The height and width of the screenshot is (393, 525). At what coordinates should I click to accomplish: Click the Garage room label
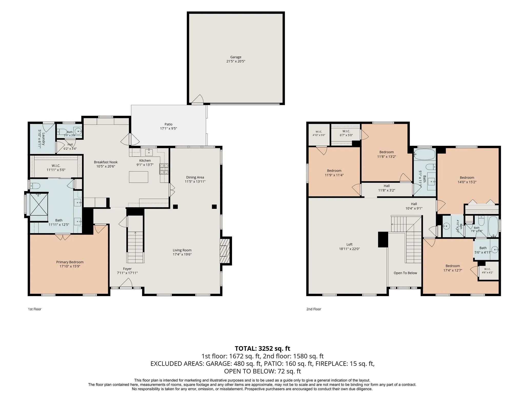point(236,57)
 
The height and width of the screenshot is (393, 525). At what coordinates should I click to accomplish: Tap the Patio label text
point(168,124)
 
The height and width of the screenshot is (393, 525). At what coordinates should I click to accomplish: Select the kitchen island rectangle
point(138,177)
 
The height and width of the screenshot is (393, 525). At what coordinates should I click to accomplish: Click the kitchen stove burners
point(164,169)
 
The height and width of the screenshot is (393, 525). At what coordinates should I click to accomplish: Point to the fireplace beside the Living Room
point(225,251)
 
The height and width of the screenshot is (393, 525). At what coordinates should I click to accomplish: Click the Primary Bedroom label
point(70,262)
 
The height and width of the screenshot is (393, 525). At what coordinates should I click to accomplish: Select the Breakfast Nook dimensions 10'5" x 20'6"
point(106,166)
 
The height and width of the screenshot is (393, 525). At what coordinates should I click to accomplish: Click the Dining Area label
point(195,177)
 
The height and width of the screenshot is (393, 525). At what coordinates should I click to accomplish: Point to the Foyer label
point(127,269)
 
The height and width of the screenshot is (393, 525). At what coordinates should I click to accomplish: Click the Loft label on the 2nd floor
point(349,244)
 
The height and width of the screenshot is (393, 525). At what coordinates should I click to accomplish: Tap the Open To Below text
point(405,273)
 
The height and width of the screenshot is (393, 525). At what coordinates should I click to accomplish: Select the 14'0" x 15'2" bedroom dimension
point(467,182)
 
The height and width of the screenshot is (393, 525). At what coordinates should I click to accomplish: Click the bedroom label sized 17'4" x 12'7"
point(453,266)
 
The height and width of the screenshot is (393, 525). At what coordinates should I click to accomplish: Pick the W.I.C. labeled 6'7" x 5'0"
point(346,131)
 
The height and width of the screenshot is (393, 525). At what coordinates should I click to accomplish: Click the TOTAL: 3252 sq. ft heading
point(262,348)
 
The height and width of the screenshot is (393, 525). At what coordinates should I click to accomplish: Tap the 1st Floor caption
point(35,309)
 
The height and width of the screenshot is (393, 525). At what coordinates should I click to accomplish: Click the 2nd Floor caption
point(314,309)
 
